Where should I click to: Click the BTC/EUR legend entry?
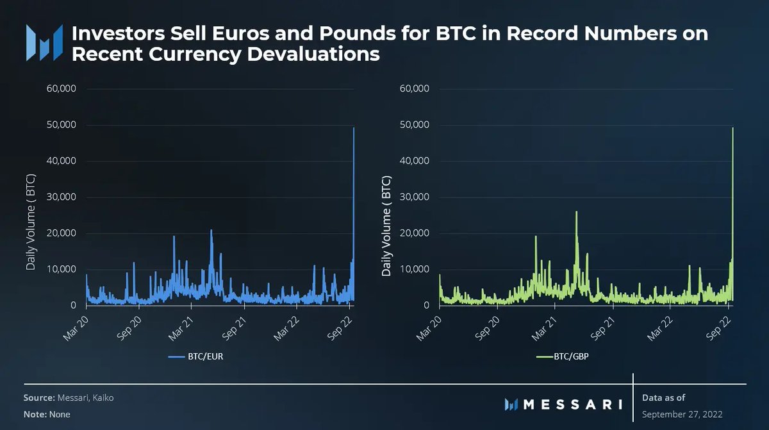tap(195, 357)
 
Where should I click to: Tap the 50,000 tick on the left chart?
tap(61, 124)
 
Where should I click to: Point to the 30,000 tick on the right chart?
tap(414, 197)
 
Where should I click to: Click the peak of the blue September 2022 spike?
tap(354, 128)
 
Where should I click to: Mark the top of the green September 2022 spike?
tap(732, 128)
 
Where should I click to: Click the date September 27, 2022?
tap(682, 414)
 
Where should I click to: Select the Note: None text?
tap(47, 414)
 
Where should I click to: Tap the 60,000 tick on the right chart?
tap(414, 88)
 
